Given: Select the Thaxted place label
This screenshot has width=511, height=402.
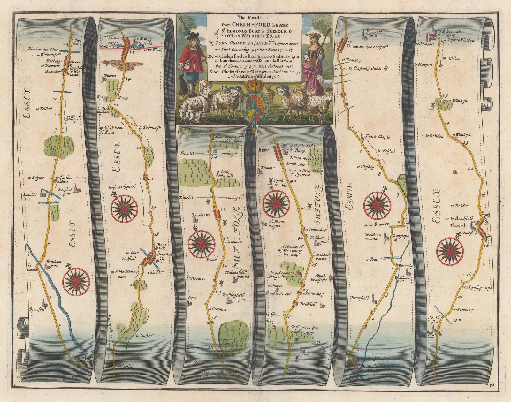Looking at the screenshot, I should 458,225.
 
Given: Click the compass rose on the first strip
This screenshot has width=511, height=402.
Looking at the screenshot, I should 76,281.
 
